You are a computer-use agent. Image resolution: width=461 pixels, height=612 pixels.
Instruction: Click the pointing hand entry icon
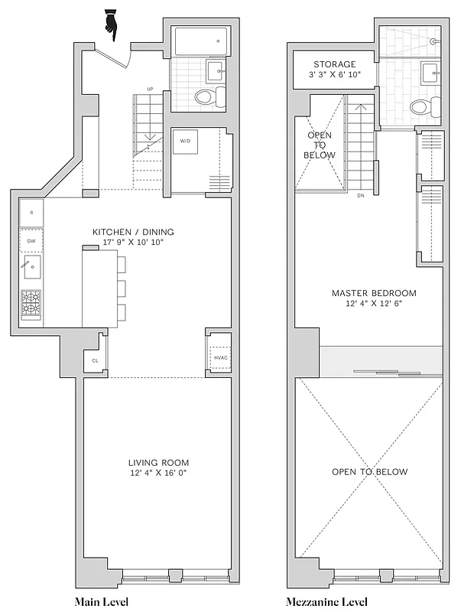coord(111,26)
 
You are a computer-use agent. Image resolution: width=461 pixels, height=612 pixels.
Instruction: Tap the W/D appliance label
coord(186,142)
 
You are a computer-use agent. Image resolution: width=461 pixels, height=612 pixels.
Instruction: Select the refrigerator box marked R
coord(31,212)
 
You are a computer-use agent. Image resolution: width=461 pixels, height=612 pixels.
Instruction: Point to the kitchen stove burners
coord(31,305)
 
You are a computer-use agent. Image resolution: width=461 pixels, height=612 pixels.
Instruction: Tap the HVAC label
coord(219,357)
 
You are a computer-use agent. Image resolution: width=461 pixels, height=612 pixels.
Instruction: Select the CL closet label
coord(95,360)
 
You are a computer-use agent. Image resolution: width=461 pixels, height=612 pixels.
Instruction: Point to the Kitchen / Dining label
coord(133,232)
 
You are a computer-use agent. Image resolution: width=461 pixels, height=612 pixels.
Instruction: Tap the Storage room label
coord(334,64)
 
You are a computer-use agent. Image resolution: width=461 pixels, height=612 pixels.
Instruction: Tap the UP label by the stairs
coord(150,90)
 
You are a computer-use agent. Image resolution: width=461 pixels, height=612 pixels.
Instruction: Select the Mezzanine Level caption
coord(327,602)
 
